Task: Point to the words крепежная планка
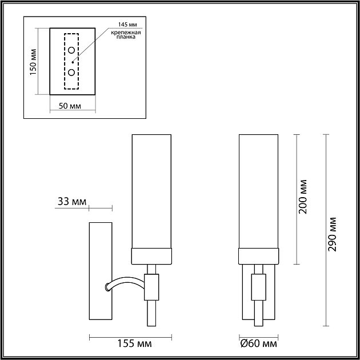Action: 125,38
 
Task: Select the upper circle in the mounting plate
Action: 72,51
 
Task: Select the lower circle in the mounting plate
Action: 72,73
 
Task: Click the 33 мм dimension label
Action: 72,201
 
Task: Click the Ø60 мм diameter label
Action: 258,344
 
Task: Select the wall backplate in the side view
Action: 101,271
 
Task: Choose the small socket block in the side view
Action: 151,286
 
